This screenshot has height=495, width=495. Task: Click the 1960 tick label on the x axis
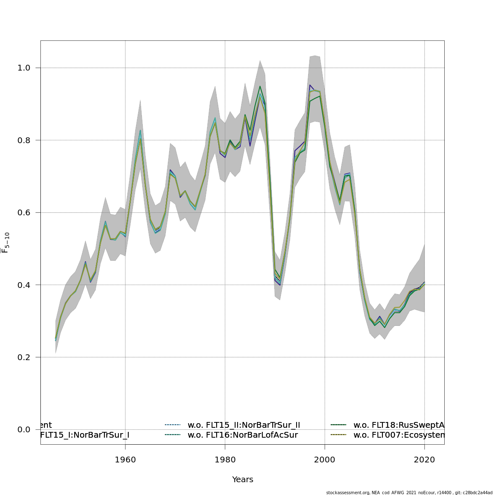(x=125, y=460)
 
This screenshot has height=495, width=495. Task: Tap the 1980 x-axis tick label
(x=225, y=460)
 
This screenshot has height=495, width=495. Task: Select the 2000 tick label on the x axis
(x=325, y=460)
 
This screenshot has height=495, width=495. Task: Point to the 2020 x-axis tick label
(x=424, y=460)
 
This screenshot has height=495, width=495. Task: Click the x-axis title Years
(x=243, y=480)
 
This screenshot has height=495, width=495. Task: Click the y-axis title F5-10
(x=5, y=243)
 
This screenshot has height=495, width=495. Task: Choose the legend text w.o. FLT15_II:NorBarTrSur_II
(x=244, y=425)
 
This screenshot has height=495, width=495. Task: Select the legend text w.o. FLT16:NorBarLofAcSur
(x=243, y=435)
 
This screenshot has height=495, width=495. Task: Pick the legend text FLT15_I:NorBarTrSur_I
(x=85, y=435)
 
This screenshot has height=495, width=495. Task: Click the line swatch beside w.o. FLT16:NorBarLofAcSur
(x=173, y=435)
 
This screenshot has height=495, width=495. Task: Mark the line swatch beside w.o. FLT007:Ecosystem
(x=339, y=435)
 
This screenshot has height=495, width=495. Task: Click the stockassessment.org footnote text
(x=409, y=493)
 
